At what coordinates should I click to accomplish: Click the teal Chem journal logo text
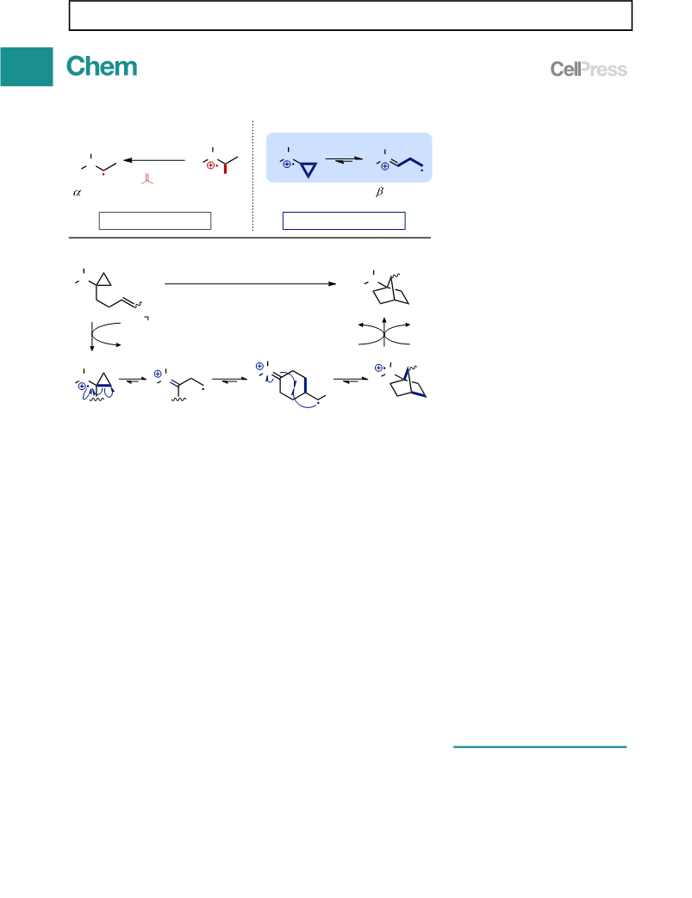pyautogui.click(x=102, y=66)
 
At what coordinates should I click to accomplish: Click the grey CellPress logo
pyautogui.click(x=589, y=69)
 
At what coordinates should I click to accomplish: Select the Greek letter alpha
pyautogui.click(x=77, y=193)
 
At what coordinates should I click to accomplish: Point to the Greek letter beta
pyautogui.click(x=379, y=192)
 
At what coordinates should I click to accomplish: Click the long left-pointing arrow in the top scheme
pyautogui.click(x=154, y=160)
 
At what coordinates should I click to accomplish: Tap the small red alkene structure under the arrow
pyautogui.click(x=147, y=179)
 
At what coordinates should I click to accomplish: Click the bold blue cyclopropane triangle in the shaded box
pyautogui.click(x=309, y=170)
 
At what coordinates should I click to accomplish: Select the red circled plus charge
pyautogui.click(x=210, y=165)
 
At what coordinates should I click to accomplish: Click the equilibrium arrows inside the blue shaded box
pyautogui.click(x=344, y=160)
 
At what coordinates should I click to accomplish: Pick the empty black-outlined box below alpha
pyautogui.click(x=155, y=221)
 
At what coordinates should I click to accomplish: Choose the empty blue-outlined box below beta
pyautogui.click(x=344, y=221)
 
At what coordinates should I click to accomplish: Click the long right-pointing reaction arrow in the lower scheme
pyautogui.click(x=250, y=283)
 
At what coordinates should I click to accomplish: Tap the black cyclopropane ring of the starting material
pyautogui.click(x=103, y=280)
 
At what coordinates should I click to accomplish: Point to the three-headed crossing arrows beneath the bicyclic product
pyautogui.click(x=384, y=331)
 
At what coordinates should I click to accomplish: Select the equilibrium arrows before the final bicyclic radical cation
pyautogui.click(x=351, y=380)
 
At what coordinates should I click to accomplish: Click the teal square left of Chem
pyautogui.click(x=27, y=67)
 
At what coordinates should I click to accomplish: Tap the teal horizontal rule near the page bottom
pyautogui.click(x=540, y=746)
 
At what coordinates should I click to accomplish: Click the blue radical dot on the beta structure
pyautogui.click(x=422, y=170)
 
